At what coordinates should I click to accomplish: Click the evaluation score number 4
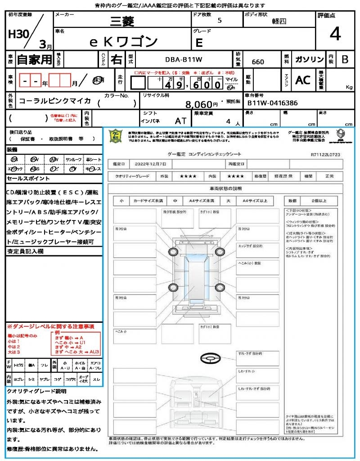pyautogui.click(x=335, y=34)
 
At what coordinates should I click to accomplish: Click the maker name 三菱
pyautogui.click(x=123, y=21)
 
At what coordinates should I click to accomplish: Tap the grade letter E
pyautogui.click(x=199, y=43)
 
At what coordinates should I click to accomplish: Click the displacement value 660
pyautogui.click(x=258, y=62)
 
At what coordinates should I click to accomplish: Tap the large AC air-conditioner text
pyautogui.click(x=303, y=80)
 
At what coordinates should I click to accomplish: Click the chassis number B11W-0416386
pyautogui.click(x=272, y=103)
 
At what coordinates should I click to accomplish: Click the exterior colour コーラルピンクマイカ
pyautogui.click(x=55, y=101)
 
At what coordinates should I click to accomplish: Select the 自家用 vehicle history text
pyautogui.click(x=35, y=59)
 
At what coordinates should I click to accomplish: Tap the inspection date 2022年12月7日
pyautogui.click(x=152, y=163)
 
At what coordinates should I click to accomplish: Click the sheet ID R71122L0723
pyautogui.click(x=325, y=154)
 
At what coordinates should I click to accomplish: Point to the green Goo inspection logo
pyautogui.click(x=116, y=136)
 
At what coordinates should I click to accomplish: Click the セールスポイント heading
pyautogui.click(x=24, y=179)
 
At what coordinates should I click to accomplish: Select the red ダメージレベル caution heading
pyautogui.click(x=50, y=325)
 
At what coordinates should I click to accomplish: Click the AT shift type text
pyautogui.click(x=180, y=121)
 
